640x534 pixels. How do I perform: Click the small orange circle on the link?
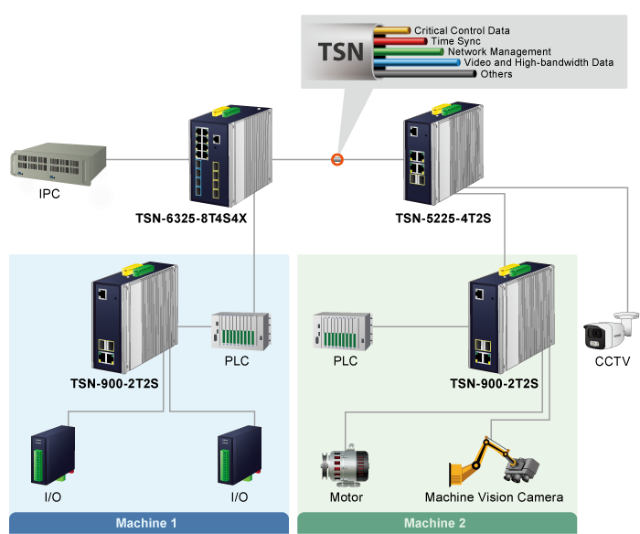336,160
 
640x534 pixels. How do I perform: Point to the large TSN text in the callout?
340,50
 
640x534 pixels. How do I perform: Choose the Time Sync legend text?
454,41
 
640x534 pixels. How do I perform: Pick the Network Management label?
499,52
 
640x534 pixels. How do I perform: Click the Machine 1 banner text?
145,524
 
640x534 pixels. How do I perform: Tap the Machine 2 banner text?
434,524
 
